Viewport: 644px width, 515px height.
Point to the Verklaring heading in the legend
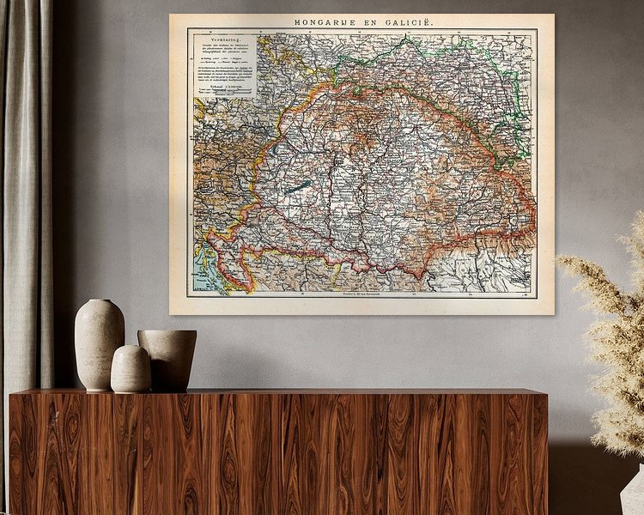(x=209, y=39)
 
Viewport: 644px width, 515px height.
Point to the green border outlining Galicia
(x=512, y=82)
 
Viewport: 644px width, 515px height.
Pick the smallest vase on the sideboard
(x=131, y=370)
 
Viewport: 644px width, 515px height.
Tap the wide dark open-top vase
(x=167, y=360)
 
